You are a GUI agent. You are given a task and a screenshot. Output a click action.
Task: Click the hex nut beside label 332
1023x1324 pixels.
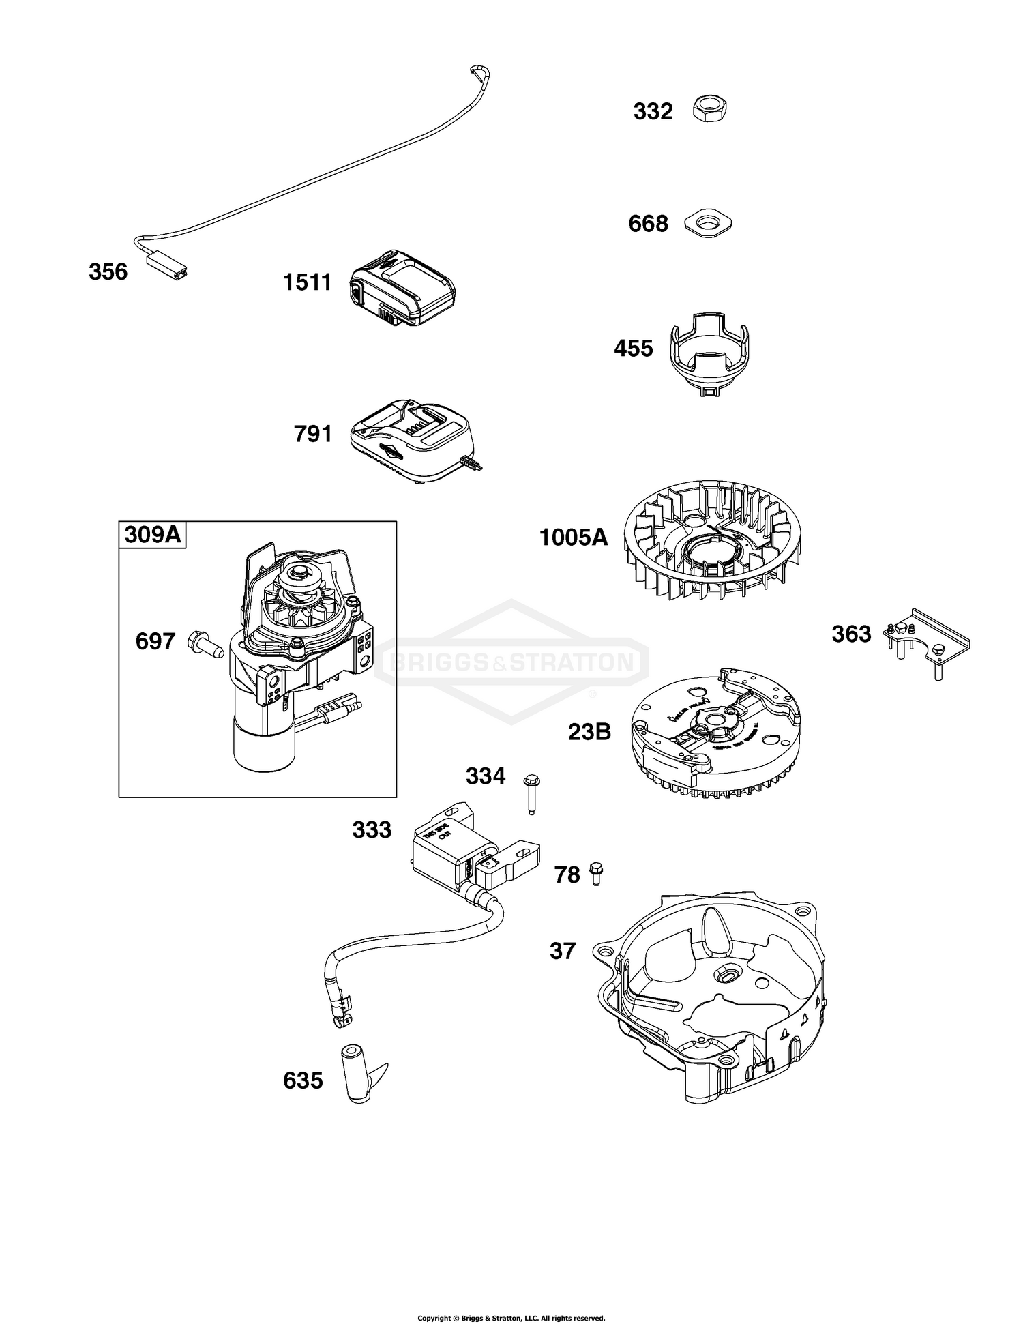[x=709, y=109]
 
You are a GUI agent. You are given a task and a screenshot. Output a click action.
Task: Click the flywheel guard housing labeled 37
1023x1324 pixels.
[x=713, y=989]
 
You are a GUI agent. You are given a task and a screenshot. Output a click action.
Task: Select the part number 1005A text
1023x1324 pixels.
[x=573, y=538]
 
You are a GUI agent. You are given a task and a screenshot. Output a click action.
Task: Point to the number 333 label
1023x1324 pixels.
[x=372, y=830]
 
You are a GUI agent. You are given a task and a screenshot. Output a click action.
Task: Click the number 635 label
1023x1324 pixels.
[x=303, y=1081]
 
